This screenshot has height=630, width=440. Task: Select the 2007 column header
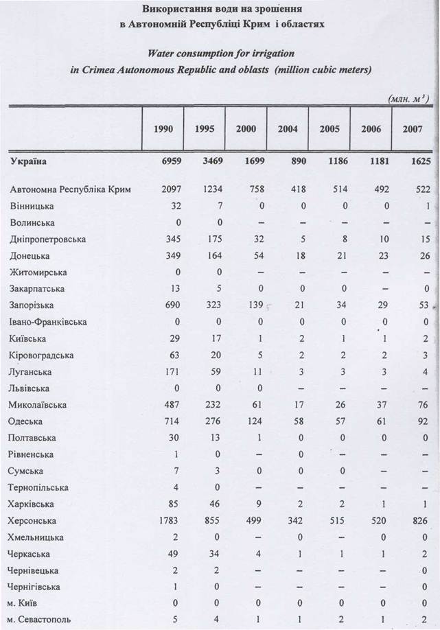(x=413, y=129)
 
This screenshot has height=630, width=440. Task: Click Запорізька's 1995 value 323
(x=207, y=305)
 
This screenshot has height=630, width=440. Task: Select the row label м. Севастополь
(x=42, y=622)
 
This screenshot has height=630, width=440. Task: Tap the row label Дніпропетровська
(x=47, y=239)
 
